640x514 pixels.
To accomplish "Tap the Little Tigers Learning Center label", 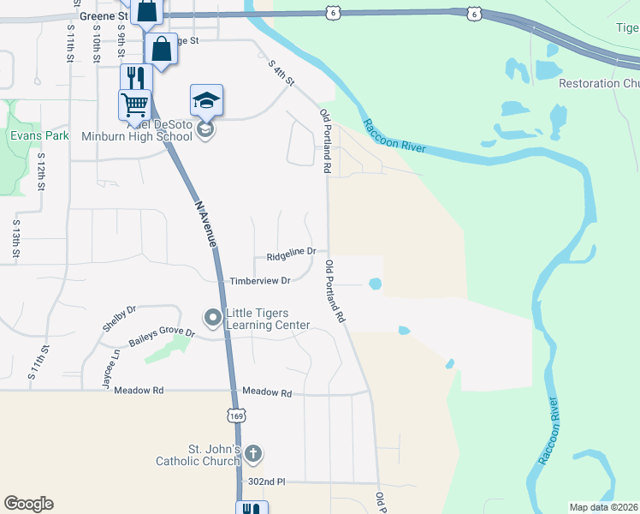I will (x=267, y=319).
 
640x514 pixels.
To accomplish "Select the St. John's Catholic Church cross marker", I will (x=252, y=452).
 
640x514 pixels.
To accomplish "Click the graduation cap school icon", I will (x=206, y=101).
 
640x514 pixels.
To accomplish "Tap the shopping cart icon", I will (x=135, y=105).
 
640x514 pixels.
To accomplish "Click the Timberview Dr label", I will (x=260, y=280).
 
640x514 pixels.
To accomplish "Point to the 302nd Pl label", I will (x=266, y=482).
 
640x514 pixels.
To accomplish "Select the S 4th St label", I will (x=281, y=73).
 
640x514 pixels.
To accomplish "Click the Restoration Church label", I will (x=599, y=83).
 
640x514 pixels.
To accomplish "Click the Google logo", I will (x=28, y=504).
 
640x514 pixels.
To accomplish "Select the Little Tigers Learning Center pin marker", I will (x=211, y=319).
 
